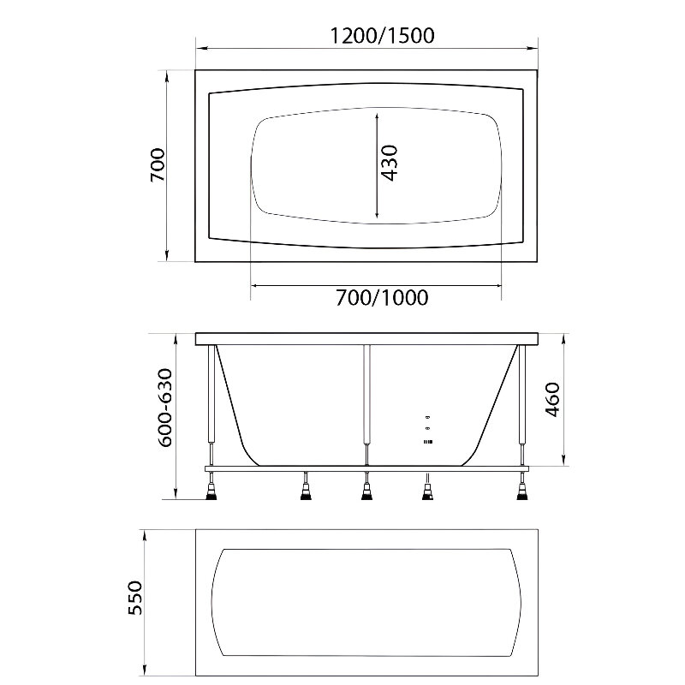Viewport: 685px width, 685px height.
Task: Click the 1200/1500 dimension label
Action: coord(382,35)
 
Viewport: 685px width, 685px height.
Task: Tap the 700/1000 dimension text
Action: coord(382,297)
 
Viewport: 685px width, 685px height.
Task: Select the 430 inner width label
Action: coord(390,163)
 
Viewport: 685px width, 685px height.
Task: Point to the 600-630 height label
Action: coord(165,408)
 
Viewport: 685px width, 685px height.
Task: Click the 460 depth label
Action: coord(552,399)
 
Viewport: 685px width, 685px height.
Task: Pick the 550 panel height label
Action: coord(135,598)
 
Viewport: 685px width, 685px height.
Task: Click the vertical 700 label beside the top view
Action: coord(158,164)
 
